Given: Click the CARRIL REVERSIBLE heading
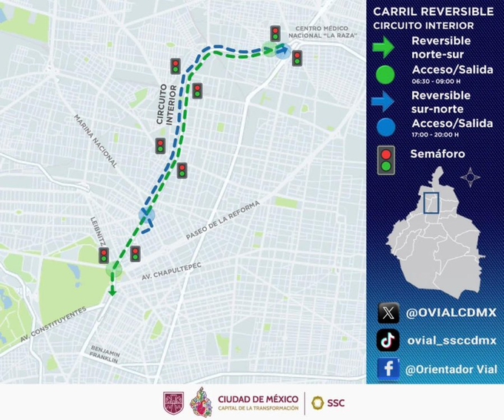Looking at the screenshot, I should pos(433,11).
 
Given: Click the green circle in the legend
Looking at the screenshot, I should pos(386,74).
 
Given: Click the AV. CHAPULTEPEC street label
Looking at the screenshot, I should pos(171,271).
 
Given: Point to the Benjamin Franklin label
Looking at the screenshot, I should pos(106,354).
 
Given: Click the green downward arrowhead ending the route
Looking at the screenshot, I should pos(111,290).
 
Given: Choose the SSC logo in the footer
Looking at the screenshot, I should pos(327,403).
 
